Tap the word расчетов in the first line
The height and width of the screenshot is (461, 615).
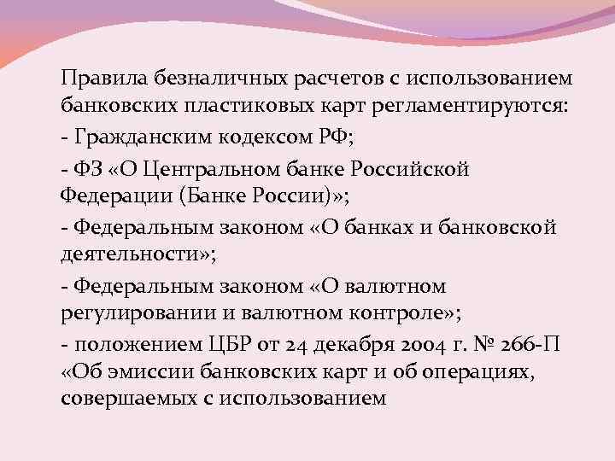coord(325,79)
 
